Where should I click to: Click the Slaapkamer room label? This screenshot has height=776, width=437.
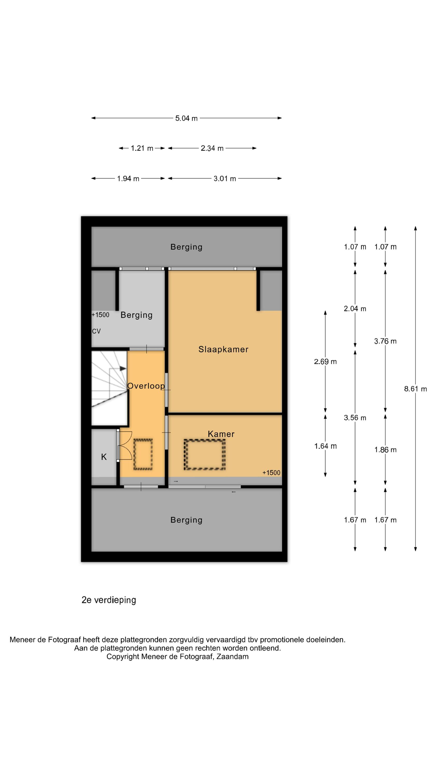click(x=223, y=349)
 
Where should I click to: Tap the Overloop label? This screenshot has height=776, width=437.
click(x=146, y=386)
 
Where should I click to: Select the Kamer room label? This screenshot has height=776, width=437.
click(x=221, y=434)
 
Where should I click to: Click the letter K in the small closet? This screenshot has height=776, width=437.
click(x=104, y=457)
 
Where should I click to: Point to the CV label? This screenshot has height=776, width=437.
click(x=96, y=331)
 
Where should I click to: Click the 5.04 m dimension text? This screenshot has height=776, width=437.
click(x=186, y=118)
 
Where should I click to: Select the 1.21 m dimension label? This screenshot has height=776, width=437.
click(x=142, y=148)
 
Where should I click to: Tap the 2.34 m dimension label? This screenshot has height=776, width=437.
click(x=212, y=148)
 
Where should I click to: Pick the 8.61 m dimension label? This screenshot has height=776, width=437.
click(x=416, y=389)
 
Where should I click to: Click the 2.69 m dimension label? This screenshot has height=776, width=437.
click(x=325, y=362)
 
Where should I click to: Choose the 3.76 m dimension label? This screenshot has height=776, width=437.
click(x=385, y=341)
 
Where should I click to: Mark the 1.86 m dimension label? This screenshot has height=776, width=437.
click(x=385, y=450)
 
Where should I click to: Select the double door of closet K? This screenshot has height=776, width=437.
click(x=124, y=445)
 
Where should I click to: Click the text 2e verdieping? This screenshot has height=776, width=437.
click(x=109, y=600)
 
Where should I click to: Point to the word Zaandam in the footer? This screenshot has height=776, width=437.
click(x=232, y=657)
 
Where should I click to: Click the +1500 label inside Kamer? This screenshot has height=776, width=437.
click(x=271, y=473)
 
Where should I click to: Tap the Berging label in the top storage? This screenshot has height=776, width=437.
click(x=186, y=247)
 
